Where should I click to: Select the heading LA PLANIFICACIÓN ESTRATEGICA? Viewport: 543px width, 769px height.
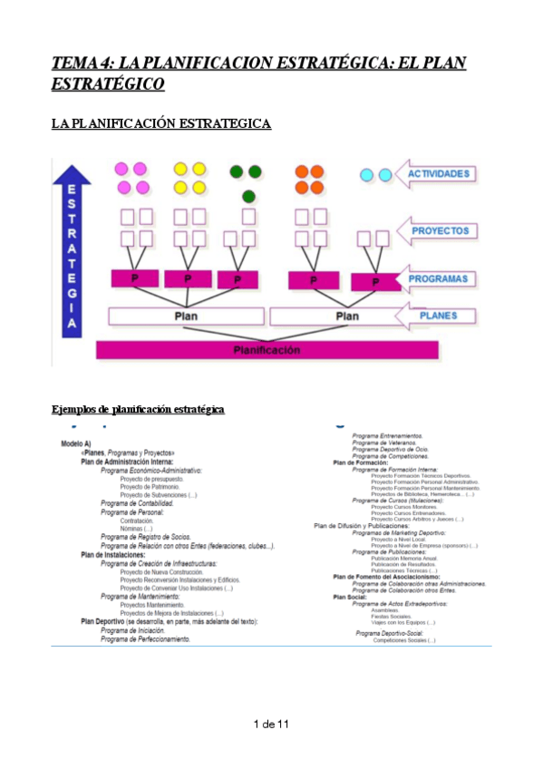(x=160, y=122)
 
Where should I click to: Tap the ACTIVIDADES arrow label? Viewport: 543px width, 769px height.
(x=438, y=173)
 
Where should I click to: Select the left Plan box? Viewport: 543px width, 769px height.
(x=185, y=316)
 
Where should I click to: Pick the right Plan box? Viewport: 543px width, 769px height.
(x=347, y=316)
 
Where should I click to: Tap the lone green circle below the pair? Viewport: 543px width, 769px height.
(x=248, y=196)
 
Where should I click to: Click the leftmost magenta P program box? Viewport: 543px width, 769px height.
(x=134, y=278)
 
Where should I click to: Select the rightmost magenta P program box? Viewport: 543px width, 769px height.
(x=375, y=282)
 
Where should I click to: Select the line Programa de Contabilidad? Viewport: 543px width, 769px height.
(x=137, y=502)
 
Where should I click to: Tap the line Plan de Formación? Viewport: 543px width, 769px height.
(x=360, y=462)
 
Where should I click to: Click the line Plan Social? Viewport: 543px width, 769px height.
(x=351, y=597)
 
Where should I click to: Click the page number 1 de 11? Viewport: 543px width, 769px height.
(x=271, y=724)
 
